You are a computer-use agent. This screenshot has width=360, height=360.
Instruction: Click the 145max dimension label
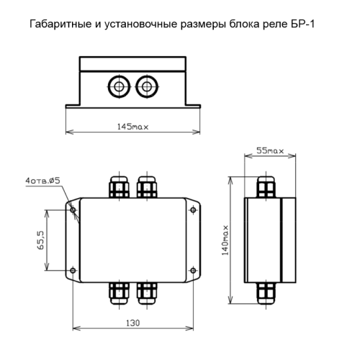pos(132,127)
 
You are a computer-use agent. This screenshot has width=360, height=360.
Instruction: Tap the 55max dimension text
pos(270,150)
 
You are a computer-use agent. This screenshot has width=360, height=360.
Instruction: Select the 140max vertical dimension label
pos(225,240)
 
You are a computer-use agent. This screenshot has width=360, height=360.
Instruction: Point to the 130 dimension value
pos(132,323)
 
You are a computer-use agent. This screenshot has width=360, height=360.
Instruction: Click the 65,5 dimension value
pos(40,240)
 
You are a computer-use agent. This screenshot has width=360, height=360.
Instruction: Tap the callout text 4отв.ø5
pos(42,181)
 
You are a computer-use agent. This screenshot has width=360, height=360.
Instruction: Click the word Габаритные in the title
pos(60,24)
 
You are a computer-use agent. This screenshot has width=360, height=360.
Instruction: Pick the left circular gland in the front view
pos(119,86)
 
